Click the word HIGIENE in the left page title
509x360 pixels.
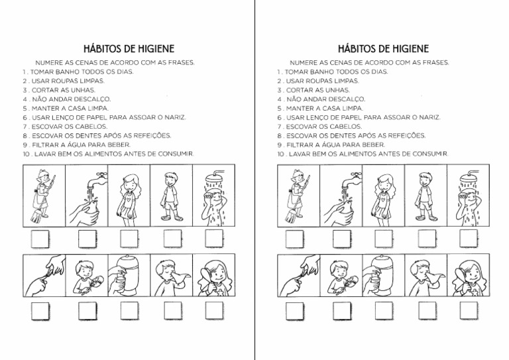tap(151, 49)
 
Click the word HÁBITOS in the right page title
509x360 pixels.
tap(357, 49)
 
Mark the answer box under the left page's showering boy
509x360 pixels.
tap(213, 238)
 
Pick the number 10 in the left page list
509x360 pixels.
tap(26, 153)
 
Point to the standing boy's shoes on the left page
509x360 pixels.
tap(170, 217)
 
